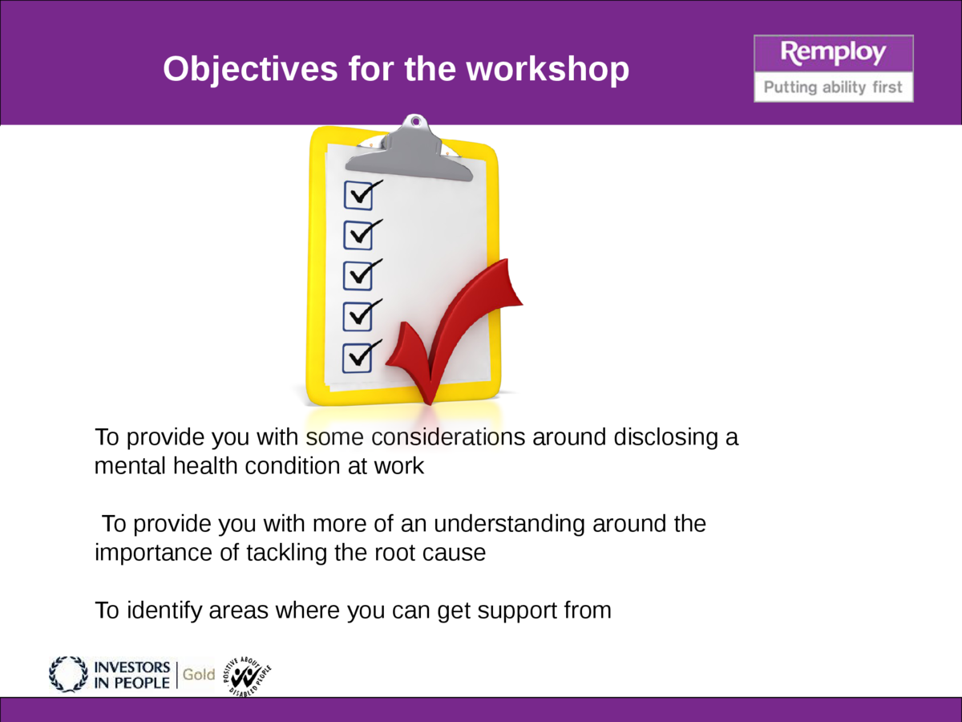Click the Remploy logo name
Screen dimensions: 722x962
point(833,54)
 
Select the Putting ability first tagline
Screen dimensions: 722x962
point(833,87)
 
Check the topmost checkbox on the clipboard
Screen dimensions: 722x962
point(358,194)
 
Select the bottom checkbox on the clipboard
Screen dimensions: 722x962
point(358,357)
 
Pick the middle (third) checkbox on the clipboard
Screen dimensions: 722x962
point(358,275)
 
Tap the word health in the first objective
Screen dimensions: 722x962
point(202,466)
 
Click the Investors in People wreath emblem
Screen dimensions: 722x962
point(68,674)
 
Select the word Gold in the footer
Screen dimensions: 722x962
point(199,675)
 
